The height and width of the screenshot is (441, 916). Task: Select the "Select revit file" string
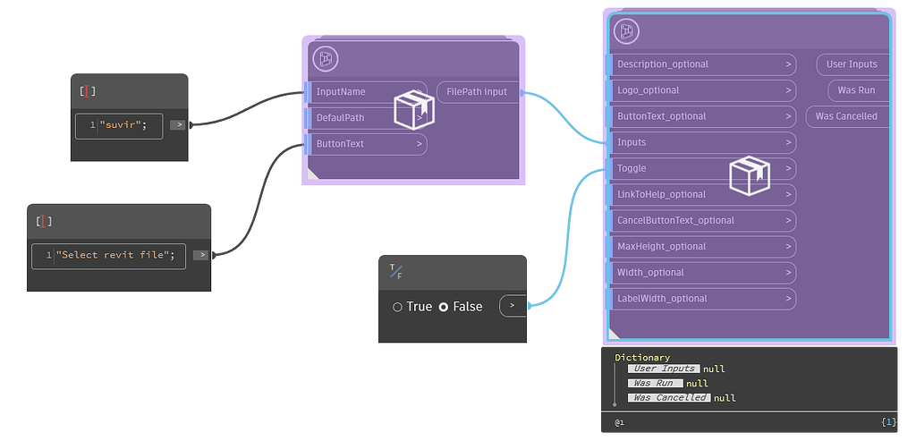point(114,255)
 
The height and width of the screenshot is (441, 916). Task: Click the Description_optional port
point(663,64)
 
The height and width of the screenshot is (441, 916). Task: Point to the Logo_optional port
point(649,90)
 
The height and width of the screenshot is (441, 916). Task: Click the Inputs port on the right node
point(632,142)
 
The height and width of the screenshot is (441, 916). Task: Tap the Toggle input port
point(632,168)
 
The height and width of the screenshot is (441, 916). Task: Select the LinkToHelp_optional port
point(661,194)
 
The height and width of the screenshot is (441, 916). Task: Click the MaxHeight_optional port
point(662,246)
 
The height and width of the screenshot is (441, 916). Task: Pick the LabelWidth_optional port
point(662,298)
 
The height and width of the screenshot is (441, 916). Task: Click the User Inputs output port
point(852,64)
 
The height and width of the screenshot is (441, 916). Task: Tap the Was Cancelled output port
point(846,116)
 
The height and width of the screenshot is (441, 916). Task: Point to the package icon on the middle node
point(414,110)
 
